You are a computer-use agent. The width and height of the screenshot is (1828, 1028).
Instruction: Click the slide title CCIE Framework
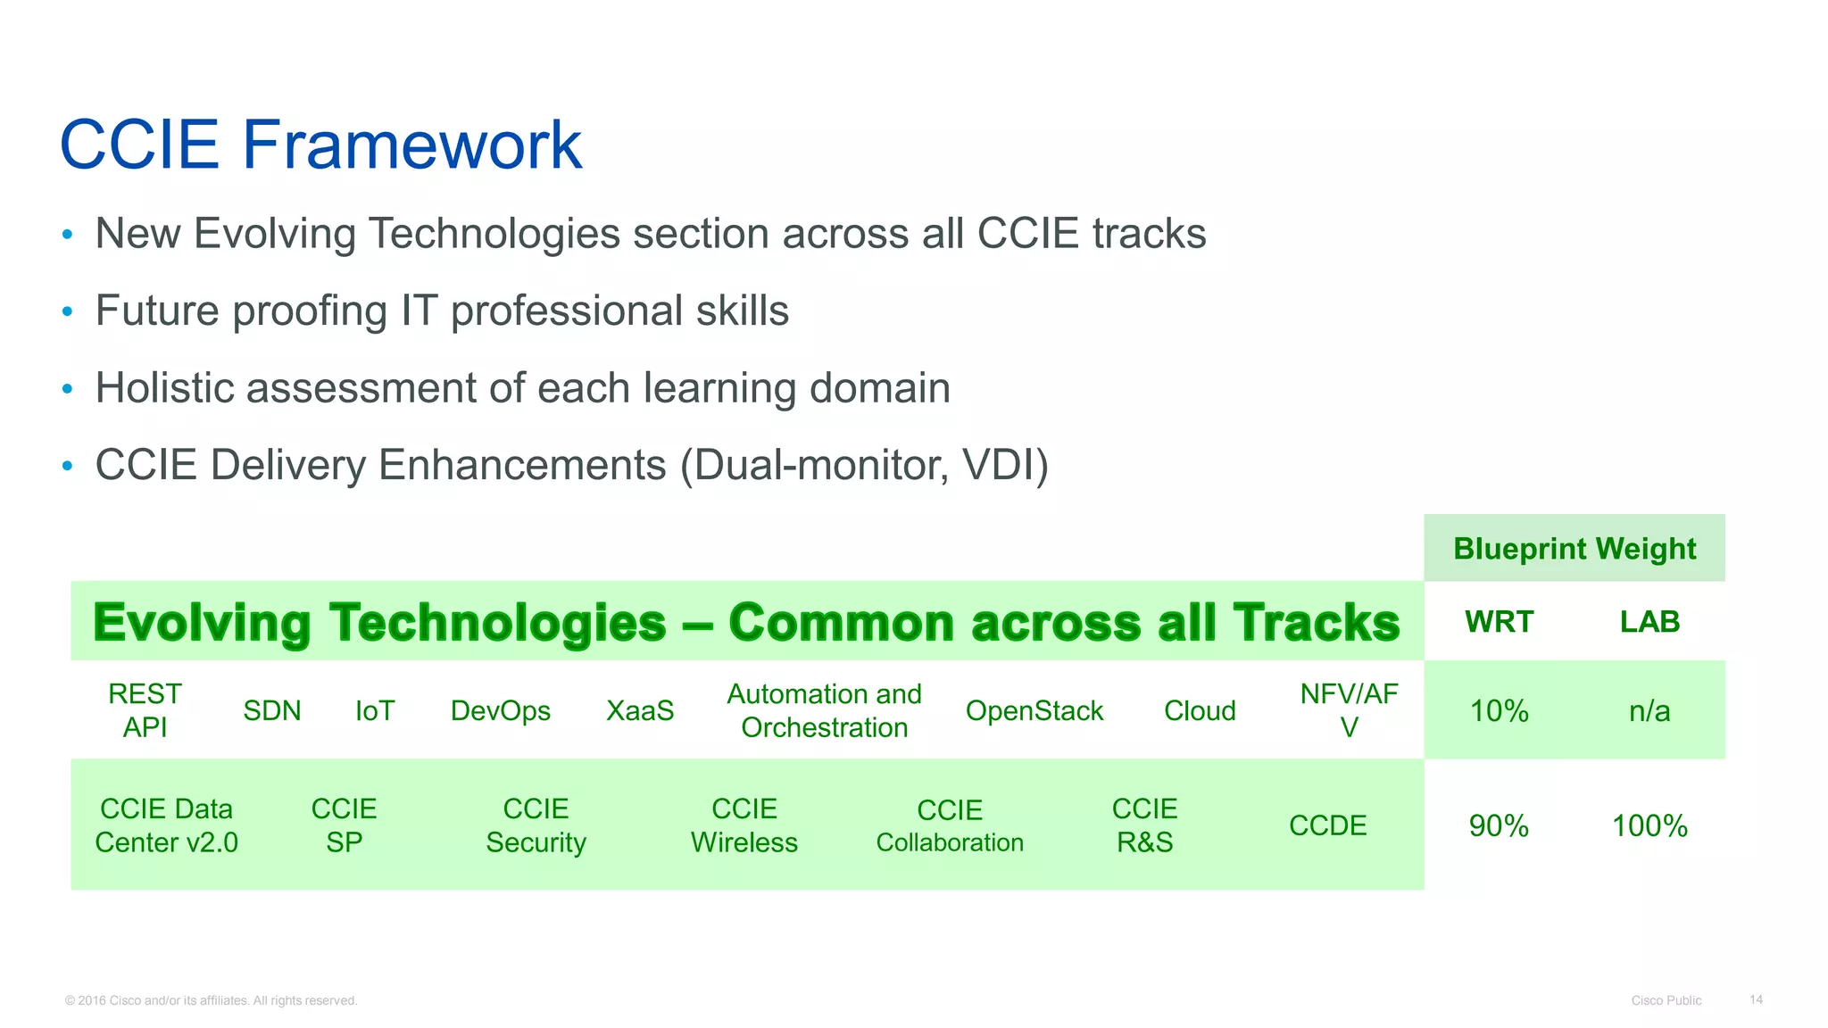point(320,145)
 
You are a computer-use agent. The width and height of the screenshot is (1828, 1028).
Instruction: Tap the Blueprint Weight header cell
point(1574,548)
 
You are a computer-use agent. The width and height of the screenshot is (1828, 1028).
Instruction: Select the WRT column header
point(1499,621)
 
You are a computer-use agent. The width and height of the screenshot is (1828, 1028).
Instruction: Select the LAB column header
point(1649,621)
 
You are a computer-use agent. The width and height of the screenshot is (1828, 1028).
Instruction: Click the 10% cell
point(1499,710)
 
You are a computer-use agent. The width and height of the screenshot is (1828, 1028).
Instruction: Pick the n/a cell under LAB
point(1649,710)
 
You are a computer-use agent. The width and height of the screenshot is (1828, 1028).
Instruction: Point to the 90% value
point(1499,825)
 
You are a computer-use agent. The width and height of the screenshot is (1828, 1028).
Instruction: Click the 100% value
point(1649,825)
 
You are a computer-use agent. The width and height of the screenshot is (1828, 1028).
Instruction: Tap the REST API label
point(145,710)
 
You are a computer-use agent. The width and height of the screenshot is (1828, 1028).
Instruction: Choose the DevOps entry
point(500,710)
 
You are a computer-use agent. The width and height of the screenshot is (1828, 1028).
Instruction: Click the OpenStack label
point(1034,710)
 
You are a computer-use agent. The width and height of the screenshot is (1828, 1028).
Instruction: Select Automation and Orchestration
point(824,710)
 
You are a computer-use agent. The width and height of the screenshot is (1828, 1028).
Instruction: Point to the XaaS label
point(640,710)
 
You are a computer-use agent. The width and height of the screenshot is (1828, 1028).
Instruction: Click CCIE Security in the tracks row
point(536,825)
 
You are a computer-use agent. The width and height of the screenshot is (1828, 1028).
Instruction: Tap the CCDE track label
point(1327,825)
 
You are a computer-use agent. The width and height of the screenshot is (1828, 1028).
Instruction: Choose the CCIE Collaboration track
point(950,825)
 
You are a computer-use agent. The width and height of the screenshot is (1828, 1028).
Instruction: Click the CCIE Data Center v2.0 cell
point(166,825)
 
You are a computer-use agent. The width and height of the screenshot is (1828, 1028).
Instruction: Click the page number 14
point(1756,999)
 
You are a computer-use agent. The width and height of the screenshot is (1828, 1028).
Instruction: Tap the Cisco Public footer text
point(1666,1000)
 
